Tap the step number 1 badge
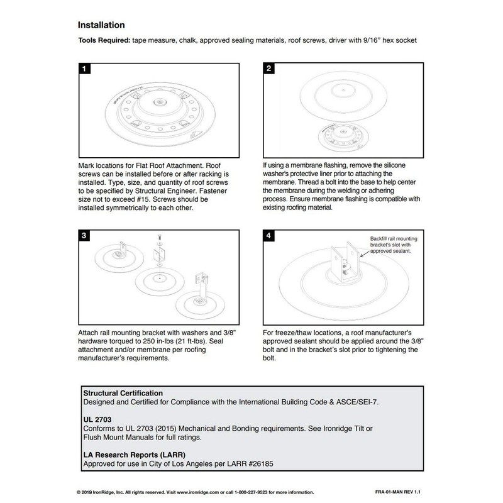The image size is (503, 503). click(83, 69)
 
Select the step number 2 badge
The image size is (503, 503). click(268, 69)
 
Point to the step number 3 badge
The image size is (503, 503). click(83, 235)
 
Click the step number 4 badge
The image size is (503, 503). click(268, 235)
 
